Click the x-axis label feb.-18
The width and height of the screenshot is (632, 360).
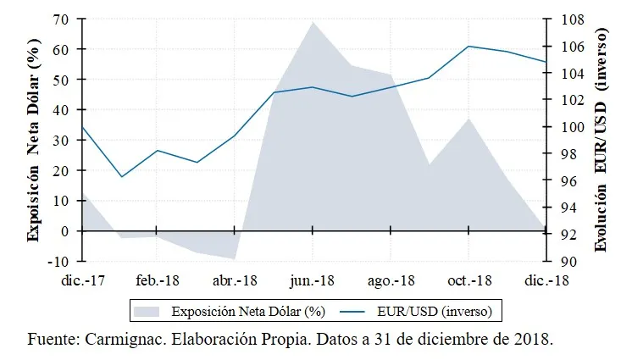pos(157,280)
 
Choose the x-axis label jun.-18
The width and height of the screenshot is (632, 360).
pos(312,280)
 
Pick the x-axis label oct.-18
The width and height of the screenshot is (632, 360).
pos(468,280)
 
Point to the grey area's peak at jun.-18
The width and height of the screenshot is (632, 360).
pos(313,22)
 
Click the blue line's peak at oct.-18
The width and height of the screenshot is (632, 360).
pos(468,46)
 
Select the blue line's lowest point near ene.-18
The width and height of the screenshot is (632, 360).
pos(121,177)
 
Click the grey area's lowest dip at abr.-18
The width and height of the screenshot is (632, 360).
pos(235,258)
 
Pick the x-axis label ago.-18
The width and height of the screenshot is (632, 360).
pos(391,280)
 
